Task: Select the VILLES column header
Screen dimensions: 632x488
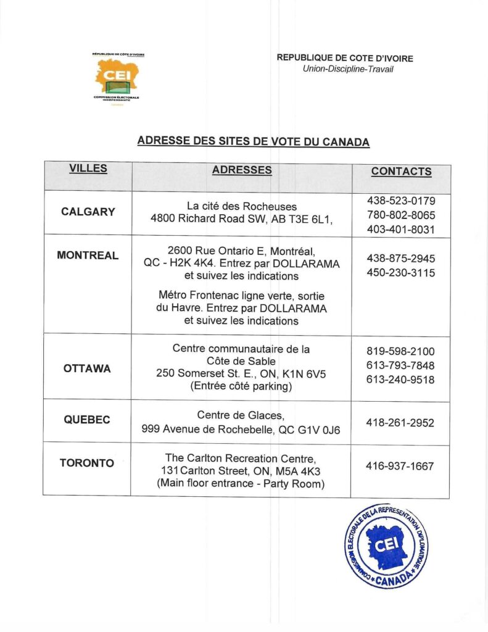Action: tap(88, 168)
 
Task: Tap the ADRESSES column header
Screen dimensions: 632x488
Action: tap(242, 170)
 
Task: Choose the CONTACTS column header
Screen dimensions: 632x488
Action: tap(401, 172)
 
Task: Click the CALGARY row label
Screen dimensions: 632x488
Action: tap(88, 212)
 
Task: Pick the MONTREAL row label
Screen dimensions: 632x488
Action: tap(88, 255)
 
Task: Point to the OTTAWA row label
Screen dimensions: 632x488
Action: tap(87, 368)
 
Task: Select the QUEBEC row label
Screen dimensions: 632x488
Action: tap(87, 420)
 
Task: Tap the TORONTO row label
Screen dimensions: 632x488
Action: tap(87, 463)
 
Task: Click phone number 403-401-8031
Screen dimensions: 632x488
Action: tap(401, 230)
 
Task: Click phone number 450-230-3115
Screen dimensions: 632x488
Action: tap(401, 272)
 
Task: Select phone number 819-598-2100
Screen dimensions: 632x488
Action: tap(400, 351)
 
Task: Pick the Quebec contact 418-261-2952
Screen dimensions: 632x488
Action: tap(400, 423)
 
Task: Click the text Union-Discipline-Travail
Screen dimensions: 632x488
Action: tap(348, 69)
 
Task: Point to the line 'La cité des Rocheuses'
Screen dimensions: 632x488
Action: tap(242, 206)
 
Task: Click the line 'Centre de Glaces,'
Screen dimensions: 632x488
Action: tap(241, 415)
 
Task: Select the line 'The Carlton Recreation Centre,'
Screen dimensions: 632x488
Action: tap(241, 458)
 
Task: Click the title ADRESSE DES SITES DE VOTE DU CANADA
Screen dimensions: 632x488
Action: tap(254, 141)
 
